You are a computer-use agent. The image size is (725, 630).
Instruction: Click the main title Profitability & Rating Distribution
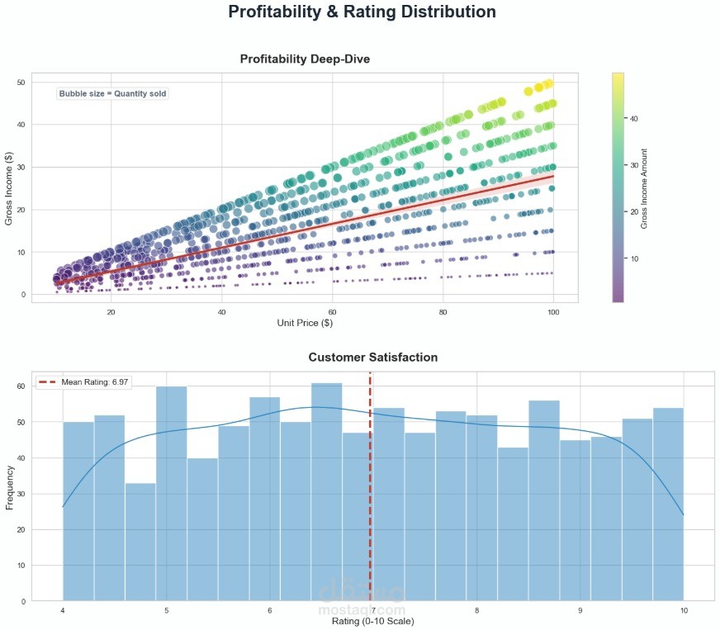point(362,12)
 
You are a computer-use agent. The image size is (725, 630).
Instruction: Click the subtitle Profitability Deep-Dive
point(305,59)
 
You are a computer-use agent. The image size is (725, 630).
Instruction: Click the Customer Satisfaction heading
point(373,358)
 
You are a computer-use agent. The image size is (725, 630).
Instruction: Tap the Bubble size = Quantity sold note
point(113,94)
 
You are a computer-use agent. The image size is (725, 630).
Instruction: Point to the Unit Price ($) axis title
point(305,322)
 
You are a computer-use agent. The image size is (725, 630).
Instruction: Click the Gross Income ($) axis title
point(10,187)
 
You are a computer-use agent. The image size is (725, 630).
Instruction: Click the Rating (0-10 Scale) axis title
point(372,620)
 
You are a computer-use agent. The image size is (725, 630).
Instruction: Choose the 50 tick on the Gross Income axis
point(21,83)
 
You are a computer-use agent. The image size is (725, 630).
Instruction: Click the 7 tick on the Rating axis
point(372,610)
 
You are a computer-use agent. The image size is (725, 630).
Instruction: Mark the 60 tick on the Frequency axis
point(21,386)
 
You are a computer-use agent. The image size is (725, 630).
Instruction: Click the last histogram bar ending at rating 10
point(667,504)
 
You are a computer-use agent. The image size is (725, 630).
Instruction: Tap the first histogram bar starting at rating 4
point(78,511)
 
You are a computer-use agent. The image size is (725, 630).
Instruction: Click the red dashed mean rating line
point(370,495)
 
